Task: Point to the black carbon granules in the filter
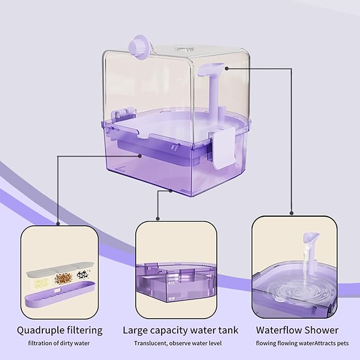(83, 276)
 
